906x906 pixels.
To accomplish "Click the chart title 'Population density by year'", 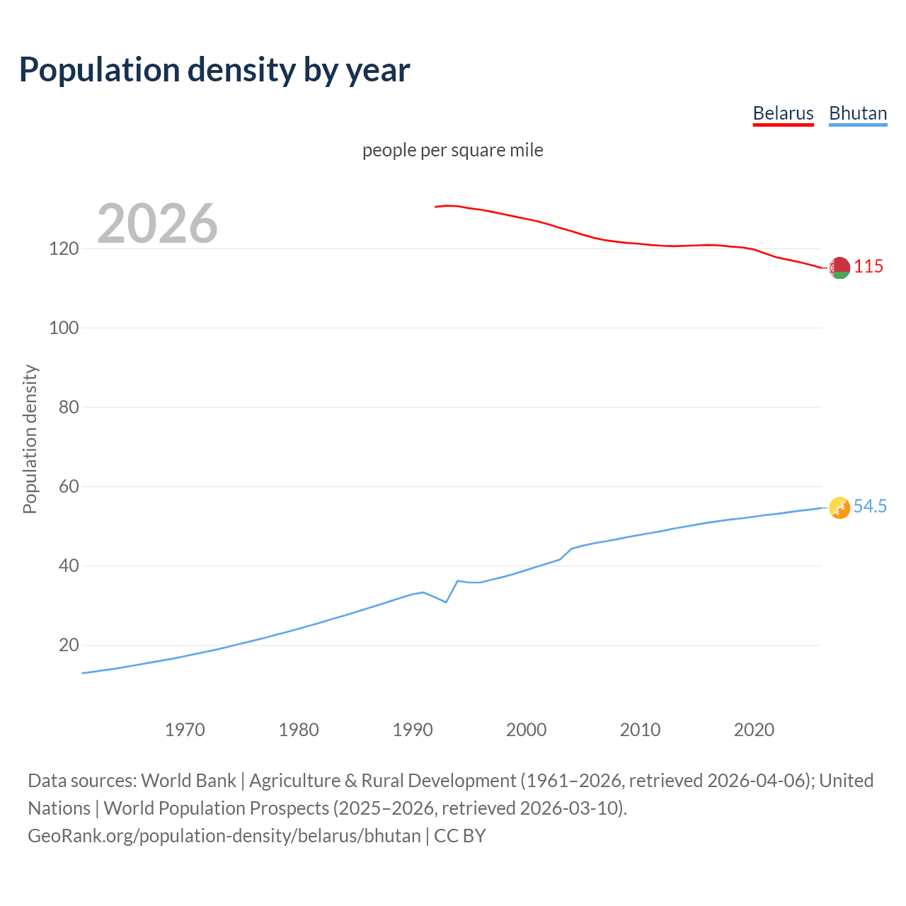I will click(214, 70).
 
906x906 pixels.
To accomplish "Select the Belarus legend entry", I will click(783, 113).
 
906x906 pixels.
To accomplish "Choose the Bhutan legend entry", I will click(858, 113).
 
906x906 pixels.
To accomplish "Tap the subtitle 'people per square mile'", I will click(452, 150).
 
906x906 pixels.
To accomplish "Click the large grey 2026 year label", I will click(157, 224).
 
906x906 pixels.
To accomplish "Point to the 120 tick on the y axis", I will click(63, 249).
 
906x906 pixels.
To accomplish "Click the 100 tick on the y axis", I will click(63, 328).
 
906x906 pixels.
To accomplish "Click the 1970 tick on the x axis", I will click(185, 730).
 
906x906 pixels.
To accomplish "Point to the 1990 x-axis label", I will click(413, 730).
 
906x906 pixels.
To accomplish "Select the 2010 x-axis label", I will click(640, 730).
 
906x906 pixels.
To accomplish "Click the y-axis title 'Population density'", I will click(30, 439).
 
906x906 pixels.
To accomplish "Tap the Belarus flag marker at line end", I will click(839, 268).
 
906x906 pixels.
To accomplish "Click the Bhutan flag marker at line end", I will click(839, 508).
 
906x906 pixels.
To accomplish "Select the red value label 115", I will click(868, 267).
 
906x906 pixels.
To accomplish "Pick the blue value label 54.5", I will click(870, 507).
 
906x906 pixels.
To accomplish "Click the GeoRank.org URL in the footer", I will click(224, 836).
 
